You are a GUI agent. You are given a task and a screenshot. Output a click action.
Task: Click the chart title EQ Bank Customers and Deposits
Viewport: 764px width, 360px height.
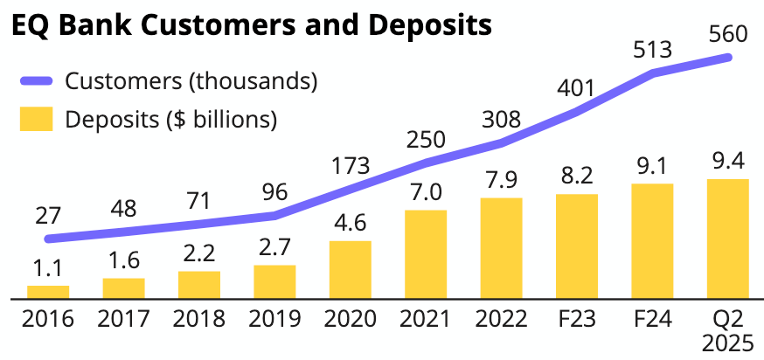point(250,24)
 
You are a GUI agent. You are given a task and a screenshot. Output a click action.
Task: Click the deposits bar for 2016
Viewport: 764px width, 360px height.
point(48,292)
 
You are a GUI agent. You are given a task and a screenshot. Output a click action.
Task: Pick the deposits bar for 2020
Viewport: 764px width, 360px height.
point(350,269)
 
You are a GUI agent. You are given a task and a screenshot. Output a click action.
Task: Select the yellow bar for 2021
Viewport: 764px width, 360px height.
point(426,254)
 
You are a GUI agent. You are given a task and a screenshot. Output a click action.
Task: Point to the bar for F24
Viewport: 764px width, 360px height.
point(652,241)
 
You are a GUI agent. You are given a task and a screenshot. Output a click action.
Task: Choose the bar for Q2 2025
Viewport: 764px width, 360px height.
point(727,239)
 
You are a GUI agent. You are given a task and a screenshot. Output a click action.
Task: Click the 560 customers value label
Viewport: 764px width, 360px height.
point(728,34)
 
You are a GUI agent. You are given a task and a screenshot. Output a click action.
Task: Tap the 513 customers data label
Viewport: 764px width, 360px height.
point(652,50)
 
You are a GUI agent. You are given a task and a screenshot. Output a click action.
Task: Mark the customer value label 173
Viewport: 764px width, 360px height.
point(351,165)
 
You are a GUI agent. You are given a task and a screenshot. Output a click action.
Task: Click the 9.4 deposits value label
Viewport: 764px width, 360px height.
point(727,162)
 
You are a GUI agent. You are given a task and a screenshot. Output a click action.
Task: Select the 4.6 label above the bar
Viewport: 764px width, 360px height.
point(350,223)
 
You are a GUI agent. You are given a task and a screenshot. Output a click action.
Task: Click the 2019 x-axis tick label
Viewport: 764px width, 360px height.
point(274,319)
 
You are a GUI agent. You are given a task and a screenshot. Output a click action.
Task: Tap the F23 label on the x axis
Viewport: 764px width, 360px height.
point(576,319)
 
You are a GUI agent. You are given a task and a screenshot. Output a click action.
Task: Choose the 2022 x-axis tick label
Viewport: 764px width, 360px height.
point(501,319)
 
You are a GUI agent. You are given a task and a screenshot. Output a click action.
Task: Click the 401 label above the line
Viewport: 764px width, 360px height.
point(576,88)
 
